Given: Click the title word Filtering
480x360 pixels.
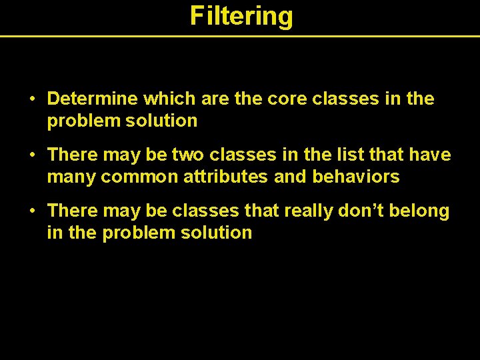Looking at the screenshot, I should pos(241,15).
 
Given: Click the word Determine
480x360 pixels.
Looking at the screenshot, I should pos(92,99).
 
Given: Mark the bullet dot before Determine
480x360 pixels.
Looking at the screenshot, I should pos(33,99).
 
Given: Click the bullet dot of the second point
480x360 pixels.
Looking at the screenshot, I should pos(33,155).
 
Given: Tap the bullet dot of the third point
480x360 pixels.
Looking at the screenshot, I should pos(33,211).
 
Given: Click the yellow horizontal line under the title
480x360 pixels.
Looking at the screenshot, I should pos(240,35).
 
